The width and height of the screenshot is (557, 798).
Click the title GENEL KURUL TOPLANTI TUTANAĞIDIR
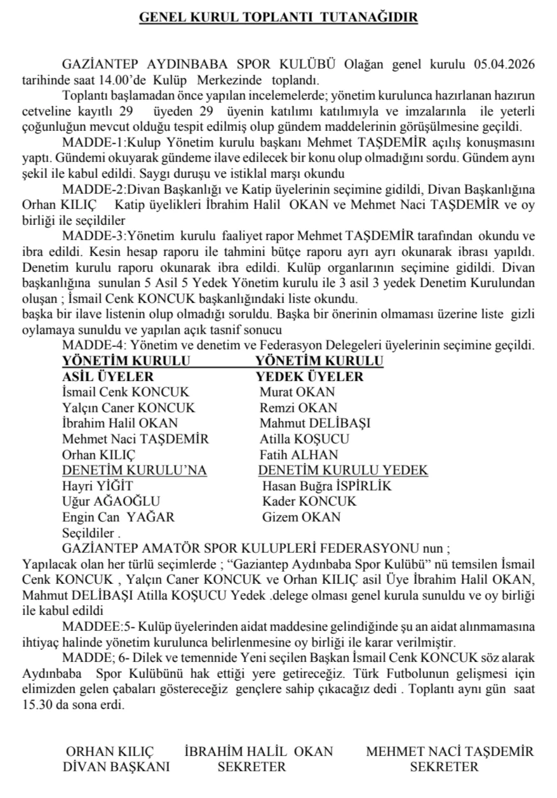pyautogui.click(x=278, y=18)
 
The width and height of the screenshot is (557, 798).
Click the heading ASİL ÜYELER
pyautogui.click(x=108, y=377)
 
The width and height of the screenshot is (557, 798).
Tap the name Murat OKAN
pyautogui.click(x=297, y=392)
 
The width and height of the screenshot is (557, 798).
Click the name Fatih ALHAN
pyautogui.click(x=299, y=455)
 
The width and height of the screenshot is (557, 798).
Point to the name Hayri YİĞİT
pyautogui.click(x=93, y=486)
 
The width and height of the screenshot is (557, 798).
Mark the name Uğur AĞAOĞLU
pyautogui.click(x=111, y=502)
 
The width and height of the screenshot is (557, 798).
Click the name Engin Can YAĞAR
pyautogui.click(x=119, y=517)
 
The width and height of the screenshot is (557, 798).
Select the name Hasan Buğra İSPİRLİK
pyautogui.click(x=327, y=486)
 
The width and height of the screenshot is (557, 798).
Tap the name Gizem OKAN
pyautogui.click(x=301, y=517)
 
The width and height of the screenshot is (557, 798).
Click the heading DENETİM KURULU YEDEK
pyautogui.click(x=343, y=471)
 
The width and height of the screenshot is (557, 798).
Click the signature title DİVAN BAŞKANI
pyautogui.click(x=116, y=766)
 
